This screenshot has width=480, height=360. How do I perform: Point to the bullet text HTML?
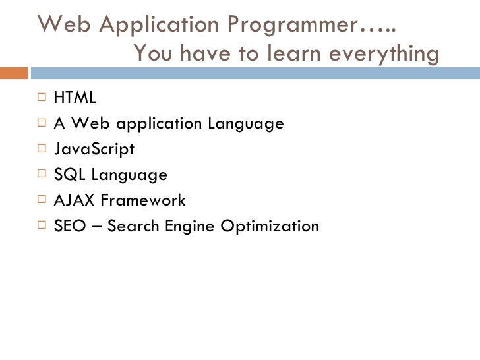click(75, 98)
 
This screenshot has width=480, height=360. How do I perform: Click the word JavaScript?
click(94, 149)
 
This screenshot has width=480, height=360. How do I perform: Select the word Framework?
click(142, 200)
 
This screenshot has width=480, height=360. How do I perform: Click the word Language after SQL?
click(129, 175)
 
